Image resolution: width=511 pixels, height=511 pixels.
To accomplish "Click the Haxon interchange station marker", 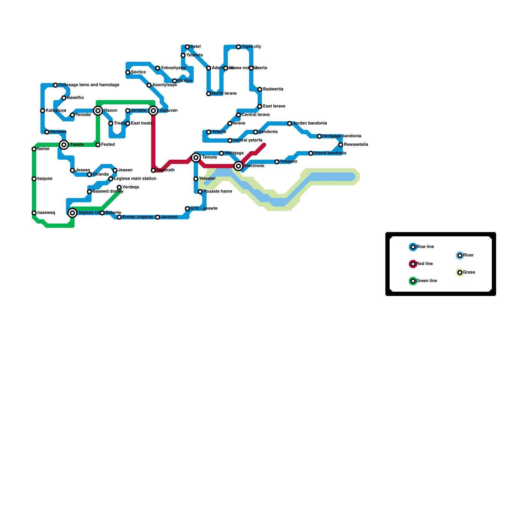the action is [x=98, y=111].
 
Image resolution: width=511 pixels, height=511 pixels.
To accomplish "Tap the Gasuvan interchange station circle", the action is [x=153, y=111].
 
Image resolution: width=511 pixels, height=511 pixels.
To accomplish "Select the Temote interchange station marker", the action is [x=196, y=157].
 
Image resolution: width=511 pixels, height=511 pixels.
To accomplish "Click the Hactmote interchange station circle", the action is [x=239, y=166].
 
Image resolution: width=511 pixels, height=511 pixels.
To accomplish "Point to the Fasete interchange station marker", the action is [x=64, y=145].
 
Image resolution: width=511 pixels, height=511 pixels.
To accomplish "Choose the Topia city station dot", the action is [x=239, y=47].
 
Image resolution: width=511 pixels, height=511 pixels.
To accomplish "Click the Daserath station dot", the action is [x=153, y=171].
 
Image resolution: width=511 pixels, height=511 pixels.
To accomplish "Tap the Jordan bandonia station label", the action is [x=309, y=123].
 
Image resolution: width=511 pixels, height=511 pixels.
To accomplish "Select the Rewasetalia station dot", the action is [x=341, y=145].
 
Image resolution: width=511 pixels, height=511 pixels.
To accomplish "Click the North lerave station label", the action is [x=224, y=94].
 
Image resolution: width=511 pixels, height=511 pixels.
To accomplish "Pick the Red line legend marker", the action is [x=413, y=264].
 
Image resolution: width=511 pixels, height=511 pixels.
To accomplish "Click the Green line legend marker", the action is [x=413, y=281].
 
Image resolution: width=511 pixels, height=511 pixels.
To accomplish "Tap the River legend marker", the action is [x=460, y=256].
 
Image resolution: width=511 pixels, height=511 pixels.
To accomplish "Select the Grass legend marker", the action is [x=460, y=273].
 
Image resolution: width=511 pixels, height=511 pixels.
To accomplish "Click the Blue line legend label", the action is [x=425, y=247].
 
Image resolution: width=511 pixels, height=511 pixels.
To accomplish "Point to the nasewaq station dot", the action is [x=34, y=213].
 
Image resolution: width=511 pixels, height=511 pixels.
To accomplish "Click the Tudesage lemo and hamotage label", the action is [x=89, y=85].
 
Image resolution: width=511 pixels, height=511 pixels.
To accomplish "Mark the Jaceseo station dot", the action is [x=157, y=217].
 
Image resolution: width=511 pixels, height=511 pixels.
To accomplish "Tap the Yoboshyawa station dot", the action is [x=157, y=68].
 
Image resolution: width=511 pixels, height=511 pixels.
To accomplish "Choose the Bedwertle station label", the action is [x=273, y=89].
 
